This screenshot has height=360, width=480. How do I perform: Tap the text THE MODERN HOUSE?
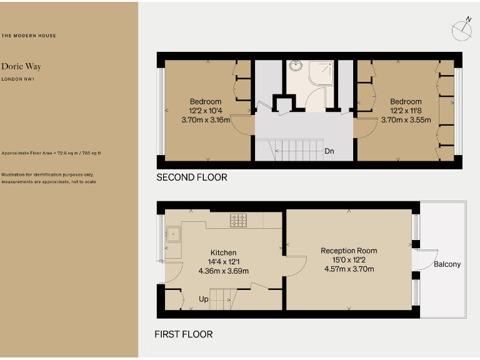tap(29, 36)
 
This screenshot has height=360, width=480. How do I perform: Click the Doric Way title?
tap(21, 66)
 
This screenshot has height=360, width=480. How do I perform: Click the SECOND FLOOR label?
tap(192, 177)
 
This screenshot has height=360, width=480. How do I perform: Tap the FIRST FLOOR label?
tap(184, 334)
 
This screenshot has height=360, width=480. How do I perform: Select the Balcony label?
tap(447, 264)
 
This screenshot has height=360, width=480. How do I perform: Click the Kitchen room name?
tap(223, 253)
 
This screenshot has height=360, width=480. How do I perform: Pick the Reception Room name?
tap(349, 251)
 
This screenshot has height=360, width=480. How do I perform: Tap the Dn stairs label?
tap(329, 151)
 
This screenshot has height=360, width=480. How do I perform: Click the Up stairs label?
tap(204, 299)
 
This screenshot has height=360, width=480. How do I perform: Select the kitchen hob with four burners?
tap(239, 220)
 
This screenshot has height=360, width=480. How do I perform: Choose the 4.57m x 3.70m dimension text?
tap(349, 269)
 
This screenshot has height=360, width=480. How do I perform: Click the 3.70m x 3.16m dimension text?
tap(206, 120)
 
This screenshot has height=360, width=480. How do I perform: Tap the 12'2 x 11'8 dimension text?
tap(406, 111)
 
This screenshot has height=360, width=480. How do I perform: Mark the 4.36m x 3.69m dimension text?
tap(223, 271)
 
